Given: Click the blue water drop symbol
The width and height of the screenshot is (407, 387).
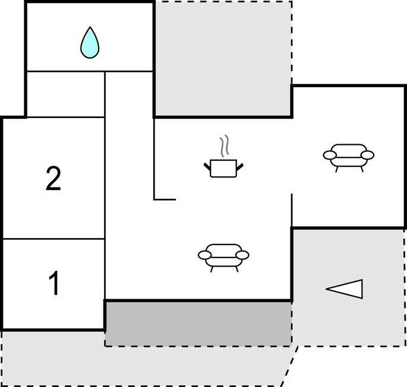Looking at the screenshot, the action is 90,43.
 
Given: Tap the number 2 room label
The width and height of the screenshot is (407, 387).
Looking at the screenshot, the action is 53,179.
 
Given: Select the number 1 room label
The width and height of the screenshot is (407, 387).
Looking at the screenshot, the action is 54,283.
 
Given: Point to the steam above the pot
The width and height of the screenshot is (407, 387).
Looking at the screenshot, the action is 225,145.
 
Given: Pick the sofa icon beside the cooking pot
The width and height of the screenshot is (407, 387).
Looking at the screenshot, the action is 349,158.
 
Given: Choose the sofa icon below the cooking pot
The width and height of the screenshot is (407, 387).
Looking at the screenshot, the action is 223,258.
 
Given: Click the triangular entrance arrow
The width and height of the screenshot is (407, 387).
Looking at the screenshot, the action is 345,289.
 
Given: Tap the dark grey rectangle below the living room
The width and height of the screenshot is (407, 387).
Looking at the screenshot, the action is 198,323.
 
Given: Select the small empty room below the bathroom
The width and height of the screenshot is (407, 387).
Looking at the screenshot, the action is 66,94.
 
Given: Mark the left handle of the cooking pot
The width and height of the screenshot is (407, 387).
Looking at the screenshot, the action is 207,167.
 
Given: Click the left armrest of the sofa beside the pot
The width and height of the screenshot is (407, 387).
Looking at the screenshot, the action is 330,155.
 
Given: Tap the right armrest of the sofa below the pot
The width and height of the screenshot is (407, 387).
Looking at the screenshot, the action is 242,255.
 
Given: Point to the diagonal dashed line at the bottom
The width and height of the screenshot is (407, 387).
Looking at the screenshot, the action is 290,366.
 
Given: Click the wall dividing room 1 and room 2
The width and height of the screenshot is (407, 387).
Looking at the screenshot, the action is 53,239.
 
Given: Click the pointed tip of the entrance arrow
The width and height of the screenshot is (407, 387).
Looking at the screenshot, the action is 326,288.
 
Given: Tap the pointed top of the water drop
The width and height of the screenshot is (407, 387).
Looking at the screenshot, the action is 90,27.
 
